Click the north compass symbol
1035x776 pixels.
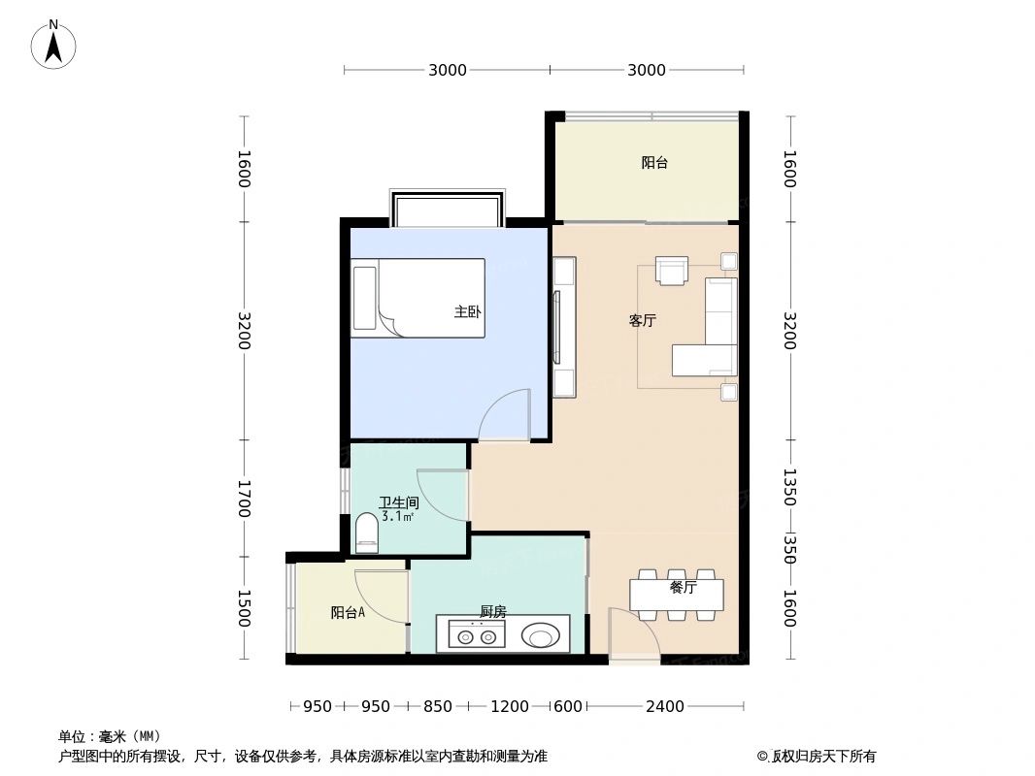tap(54, 44)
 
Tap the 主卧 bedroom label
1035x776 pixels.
tap(467, 312)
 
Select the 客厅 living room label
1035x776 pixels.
tap(642, 321)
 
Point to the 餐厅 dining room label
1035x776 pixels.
tap(683, 588)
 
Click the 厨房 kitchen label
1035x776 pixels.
tap(493, 612)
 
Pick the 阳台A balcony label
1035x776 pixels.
tap(348, 613)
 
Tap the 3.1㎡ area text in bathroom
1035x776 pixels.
tap(398, 517)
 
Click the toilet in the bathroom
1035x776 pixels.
tap(366, 533)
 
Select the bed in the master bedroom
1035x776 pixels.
tap(418, 298)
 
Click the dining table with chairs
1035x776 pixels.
tap(677, 595)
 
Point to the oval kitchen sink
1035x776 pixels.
tap(541, 636)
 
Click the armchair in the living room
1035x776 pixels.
tap(671, 271)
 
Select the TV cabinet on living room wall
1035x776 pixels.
tap(563, 327)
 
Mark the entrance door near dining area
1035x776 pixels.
tap(631, 635)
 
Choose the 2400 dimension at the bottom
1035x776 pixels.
tap(666, 706)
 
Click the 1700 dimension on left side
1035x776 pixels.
tap(244, 499)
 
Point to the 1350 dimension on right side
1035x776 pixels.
tap(789, 487)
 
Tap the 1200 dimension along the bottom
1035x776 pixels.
tap(510, 706)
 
